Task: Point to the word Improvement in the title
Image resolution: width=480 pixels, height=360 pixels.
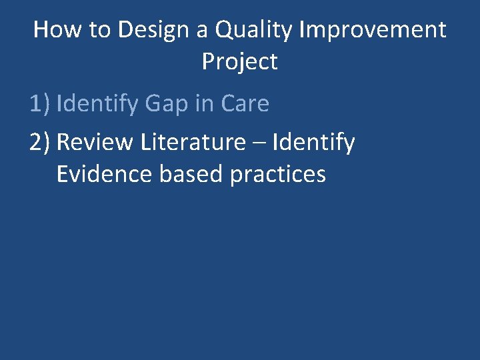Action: coord(373,30)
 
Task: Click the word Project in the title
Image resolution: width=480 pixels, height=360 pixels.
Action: coord(239,62)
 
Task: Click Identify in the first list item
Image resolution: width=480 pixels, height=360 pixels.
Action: coord(97,104)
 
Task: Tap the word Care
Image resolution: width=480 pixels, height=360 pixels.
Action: coord(245,104)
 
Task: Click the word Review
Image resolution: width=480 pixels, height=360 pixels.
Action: coord(95,142)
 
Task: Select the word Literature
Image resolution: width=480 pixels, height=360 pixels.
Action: coord(193,142)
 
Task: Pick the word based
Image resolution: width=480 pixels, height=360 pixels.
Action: coord(191,174)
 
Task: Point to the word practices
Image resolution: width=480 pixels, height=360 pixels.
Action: coord(278,174)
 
